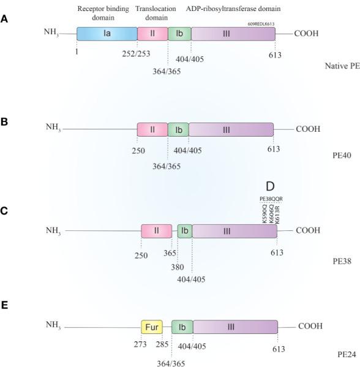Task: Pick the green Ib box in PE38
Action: [x=184, y=231]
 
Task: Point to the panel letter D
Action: [x=270, y=186]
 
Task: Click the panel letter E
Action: [x=5, y=305]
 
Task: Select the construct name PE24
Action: [x=329, y=353]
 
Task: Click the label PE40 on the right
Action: [x=334, y=156]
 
